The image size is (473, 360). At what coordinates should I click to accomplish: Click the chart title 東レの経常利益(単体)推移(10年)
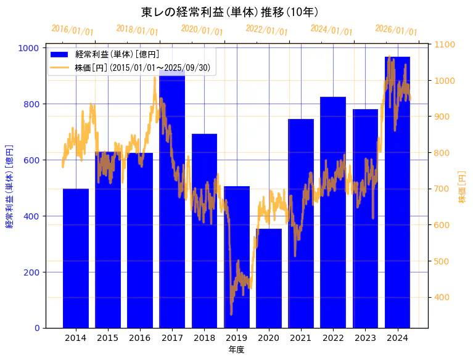229,12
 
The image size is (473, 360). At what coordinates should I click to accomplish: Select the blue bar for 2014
76,259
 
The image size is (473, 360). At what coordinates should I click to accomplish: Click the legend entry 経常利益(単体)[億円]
117,54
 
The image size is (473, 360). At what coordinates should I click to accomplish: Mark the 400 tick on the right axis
442,297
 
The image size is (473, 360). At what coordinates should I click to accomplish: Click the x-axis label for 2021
301,338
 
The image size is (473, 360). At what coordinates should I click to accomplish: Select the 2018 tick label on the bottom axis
204,338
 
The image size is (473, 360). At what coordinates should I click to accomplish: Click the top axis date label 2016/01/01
73,30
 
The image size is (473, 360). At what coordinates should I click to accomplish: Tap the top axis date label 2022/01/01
266,30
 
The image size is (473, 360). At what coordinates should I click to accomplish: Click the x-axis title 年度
236,350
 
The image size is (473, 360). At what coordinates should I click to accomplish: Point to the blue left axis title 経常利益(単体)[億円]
9,186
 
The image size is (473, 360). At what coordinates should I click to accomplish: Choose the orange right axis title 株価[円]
462,187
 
